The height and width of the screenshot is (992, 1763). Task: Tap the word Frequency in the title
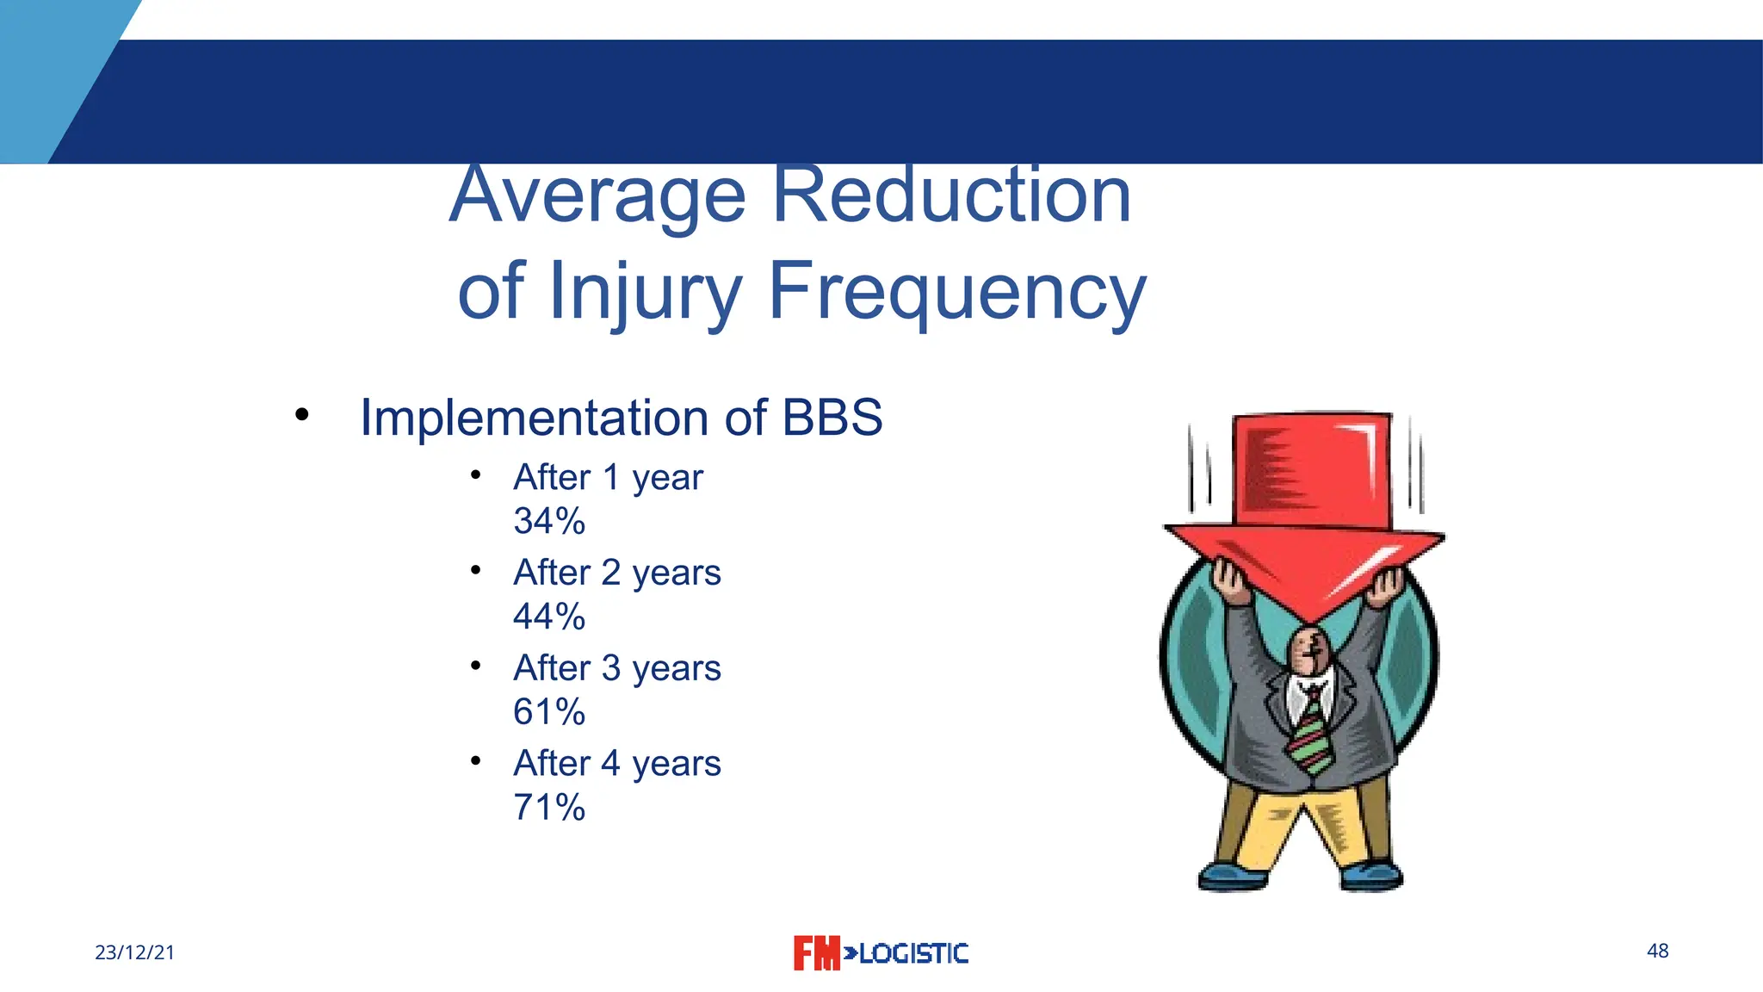tap(956, 291)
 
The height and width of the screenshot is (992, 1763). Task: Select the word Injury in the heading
tap(644, 291)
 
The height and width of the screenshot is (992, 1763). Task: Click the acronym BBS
tap(832, 418)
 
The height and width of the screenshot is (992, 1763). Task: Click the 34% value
tap(549, 521)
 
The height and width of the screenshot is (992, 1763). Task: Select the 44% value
tap(549, 617)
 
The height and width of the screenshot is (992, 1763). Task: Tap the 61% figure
tap(549, 712)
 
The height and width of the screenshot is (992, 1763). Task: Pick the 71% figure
tap(549, 808)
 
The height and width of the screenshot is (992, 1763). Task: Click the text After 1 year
tap(608, 477)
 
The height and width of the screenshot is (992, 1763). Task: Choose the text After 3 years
tap(616, 668)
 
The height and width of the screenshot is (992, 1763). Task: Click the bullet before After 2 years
tap(475, 569)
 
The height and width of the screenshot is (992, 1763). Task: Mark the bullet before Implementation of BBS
tap(301, 415)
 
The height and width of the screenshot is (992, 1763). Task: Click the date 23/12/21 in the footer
tap(134, 952)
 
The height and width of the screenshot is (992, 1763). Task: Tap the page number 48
tap(1657, 951)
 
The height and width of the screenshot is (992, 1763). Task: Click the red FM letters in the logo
tap(815, 953)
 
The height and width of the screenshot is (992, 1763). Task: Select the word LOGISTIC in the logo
tap(913, 953)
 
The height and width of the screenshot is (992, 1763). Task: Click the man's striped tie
tap(1309, 732)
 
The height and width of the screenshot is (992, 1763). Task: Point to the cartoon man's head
tap(1308, 650)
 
